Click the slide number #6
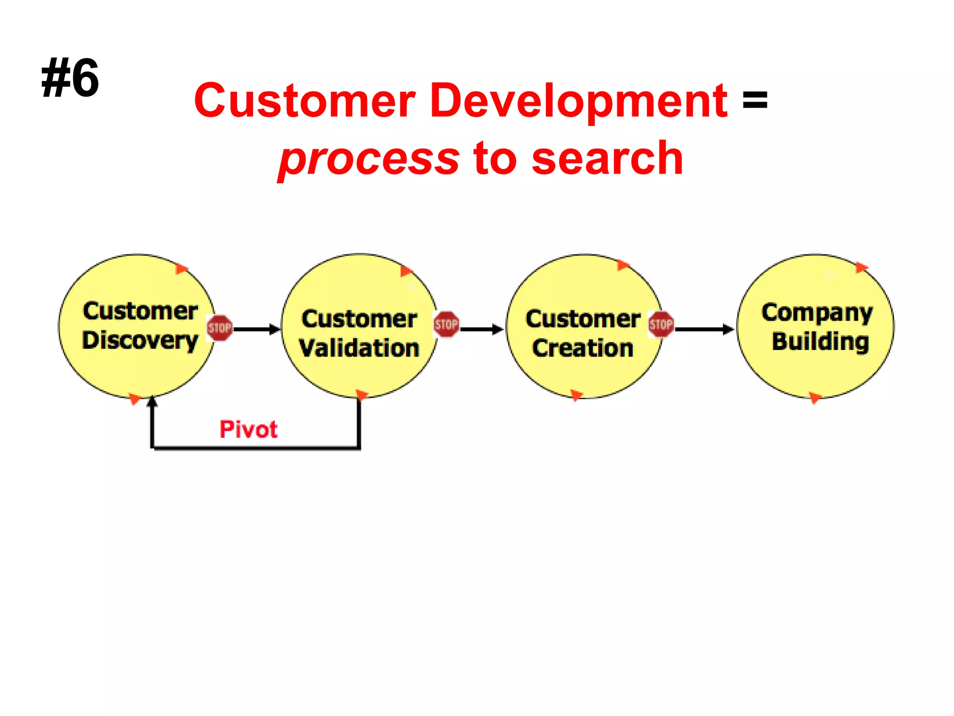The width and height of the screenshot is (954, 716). pos(70,78)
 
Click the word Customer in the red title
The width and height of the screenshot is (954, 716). pos(305,100)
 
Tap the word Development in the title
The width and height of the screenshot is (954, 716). pos(578,100)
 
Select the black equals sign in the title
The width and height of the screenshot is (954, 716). pos(755,99)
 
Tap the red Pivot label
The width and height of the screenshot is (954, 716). pos(248,429)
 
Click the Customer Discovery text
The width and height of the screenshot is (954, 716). pos(140,325)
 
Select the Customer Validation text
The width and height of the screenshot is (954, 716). pos(359,333)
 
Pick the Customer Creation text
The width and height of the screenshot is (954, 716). pos(583,333)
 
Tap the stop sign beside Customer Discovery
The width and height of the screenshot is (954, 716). pos(219,328)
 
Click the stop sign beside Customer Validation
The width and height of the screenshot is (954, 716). pos(446,324)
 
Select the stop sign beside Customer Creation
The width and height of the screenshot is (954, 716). pos(661,324)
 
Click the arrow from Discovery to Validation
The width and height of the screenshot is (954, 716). pos(256,329)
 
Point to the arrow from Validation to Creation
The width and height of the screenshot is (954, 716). pos(482,329)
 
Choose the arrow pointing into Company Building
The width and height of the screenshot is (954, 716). pos(704,329)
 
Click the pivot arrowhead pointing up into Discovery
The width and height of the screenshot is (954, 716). pos(152,402)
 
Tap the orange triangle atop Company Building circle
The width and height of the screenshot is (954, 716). pos(861,268)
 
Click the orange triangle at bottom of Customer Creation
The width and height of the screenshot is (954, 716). pos(576,395)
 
